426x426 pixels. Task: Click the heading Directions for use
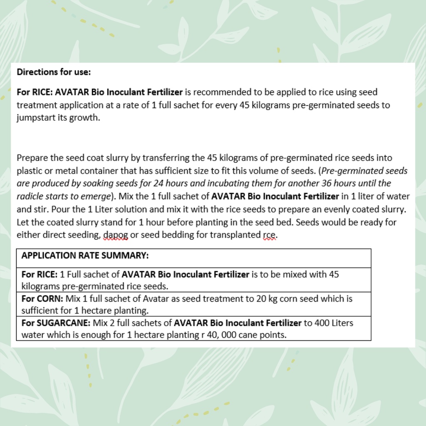54,72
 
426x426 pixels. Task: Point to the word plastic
29,171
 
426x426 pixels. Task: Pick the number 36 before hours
327,183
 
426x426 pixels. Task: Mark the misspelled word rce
270,235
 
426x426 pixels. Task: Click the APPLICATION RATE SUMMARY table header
85,255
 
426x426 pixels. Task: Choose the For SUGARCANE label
56,323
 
